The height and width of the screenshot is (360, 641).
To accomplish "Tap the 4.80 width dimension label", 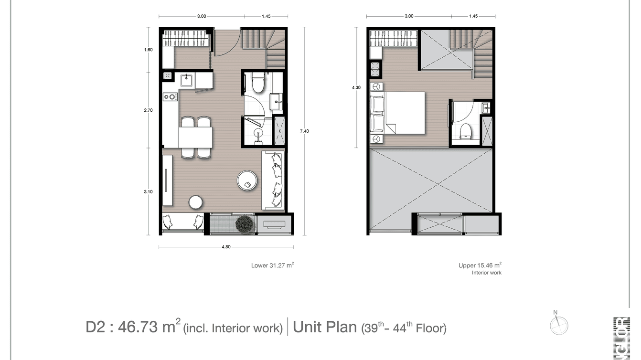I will click(x=226, y=247).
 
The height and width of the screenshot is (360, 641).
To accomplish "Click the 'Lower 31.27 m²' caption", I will click(x=272, y=265).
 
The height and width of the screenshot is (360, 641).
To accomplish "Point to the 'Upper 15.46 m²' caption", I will click(x=480, y=265).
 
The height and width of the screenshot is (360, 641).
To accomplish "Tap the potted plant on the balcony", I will click(x=245, y=223).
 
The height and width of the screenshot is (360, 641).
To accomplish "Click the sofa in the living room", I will click(x=274, y=180).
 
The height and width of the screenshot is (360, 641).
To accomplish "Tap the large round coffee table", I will click(x=248, y=181).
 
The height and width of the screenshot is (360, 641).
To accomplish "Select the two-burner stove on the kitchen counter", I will click(x=169, y=97).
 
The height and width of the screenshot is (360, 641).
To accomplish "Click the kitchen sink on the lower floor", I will click(x=186, y=80).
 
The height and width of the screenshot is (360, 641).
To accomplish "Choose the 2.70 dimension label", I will click(x=148, y=110).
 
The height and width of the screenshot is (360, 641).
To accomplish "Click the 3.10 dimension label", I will click(x=148, y=192).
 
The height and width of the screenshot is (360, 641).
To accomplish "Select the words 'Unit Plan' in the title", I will click(x=324, y=327).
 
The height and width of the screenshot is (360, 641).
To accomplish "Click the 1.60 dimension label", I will click(x=148, y=50).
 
